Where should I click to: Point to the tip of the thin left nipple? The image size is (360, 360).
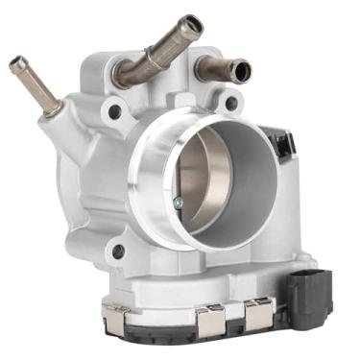tap(16, 64)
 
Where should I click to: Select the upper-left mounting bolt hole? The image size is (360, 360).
tap(114, 111)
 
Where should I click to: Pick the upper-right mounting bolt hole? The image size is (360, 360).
tap(230, 102)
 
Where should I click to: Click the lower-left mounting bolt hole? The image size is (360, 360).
tap(117, 252)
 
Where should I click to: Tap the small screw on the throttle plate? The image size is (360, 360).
tap(179, 202)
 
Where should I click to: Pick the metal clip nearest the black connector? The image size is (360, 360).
tap(257, 312)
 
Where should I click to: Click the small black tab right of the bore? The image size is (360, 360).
tap(281, 145)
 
